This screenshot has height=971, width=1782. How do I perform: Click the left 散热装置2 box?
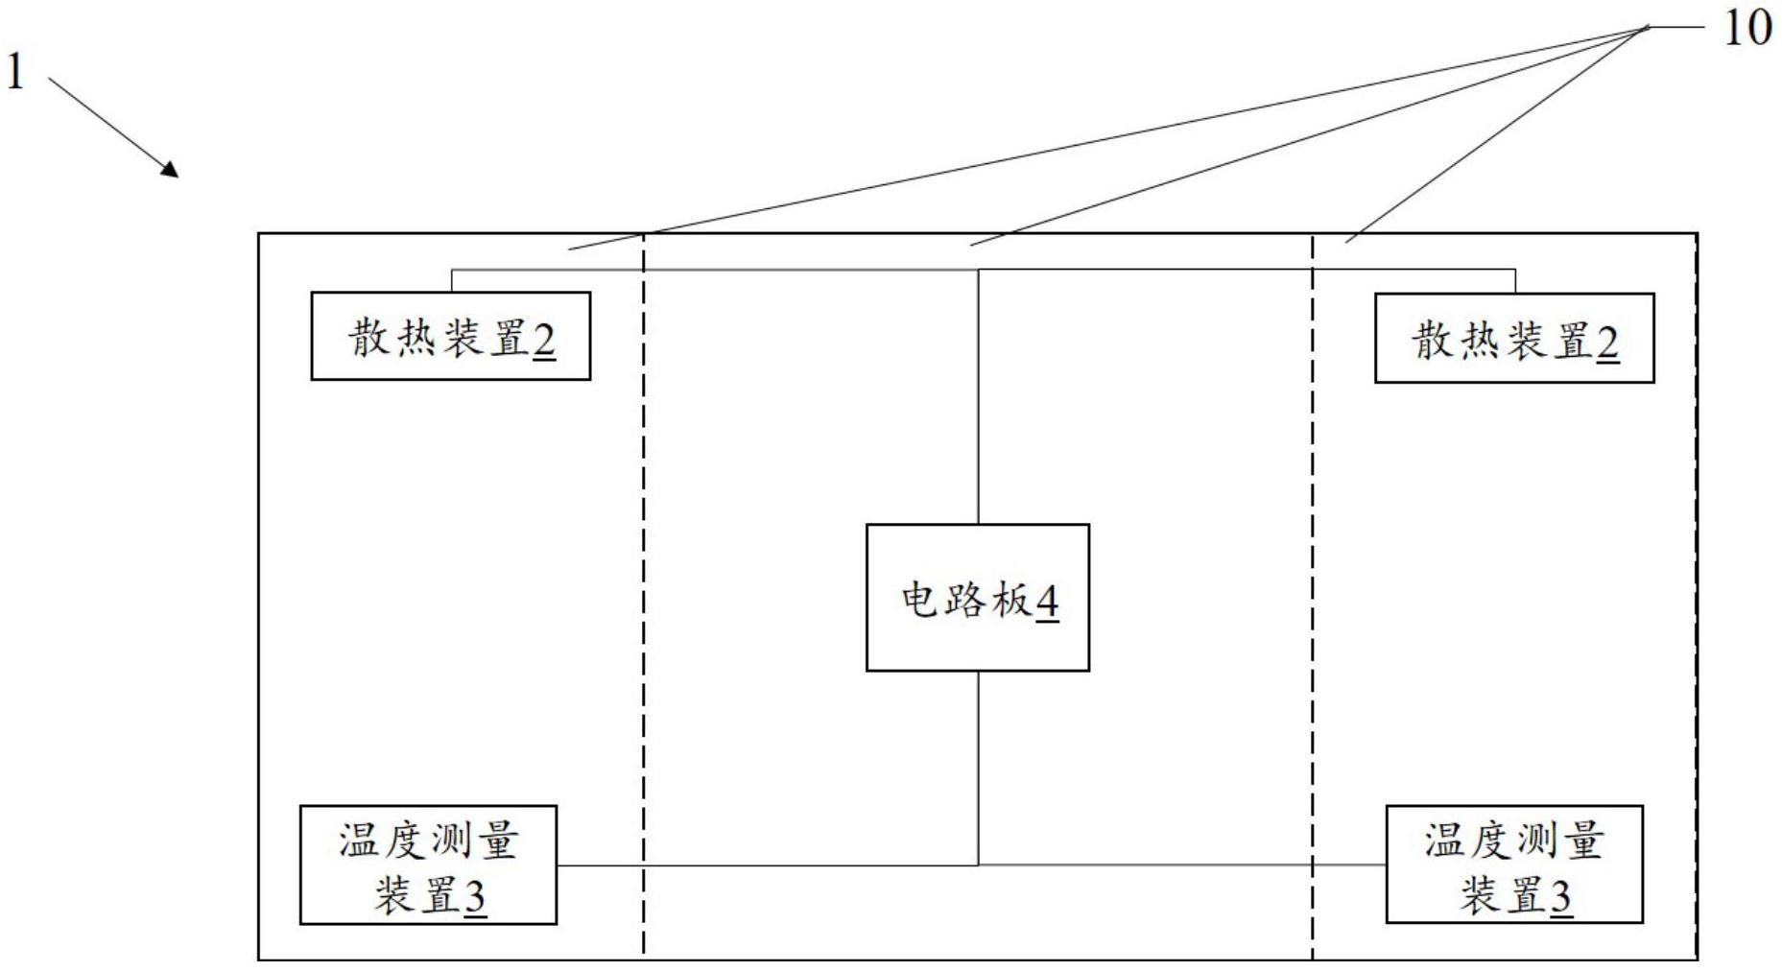[x=450, y=336]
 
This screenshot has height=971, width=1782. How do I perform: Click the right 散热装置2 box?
[x=1513, y=338]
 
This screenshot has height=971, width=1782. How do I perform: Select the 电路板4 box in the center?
[x=977, y=597]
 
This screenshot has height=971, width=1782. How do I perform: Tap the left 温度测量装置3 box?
[x=428, y=864]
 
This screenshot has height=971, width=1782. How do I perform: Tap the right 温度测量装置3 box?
[x=1513, y=864]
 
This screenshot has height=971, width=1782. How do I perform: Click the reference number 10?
[x=1747, y=29]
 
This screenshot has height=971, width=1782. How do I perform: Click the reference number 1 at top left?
[x=14, y=71]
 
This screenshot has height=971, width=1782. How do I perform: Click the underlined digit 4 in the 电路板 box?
[x=1047, y=603]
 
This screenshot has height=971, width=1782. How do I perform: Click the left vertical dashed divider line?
[x=644, y=576]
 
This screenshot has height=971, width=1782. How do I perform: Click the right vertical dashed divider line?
[x=1313, y=576]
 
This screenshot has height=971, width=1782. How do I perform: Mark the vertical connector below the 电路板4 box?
[x=978, y=768]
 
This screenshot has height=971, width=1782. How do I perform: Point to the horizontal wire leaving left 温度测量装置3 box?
[x=768, y=865]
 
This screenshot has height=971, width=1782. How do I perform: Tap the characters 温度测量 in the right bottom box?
[x=1513, y=841]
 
